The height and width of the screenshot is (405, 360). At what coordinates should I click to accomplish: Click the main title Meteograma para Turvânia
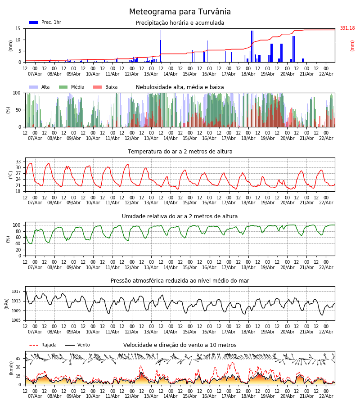click(180, 12)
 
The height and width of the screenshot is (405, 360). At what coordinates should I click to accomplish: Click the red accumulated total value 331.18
click(347, 28)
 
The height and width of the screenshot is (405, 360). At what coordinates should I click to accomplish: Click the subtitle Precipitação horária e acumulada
click(180, 23)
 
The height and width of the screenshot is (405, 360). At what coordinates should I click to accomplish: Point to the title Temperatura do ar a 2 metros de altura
click(180, 152)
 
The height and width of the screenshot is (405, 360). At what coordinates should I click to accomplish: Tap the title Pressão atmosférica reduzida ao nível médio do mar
click(180, 281)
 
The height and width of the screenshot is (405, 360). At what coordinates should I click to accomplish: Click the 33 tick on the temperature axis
click(18, 162)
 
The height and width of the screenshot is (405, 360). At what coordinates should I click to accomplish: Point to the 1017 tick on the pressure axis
click(17, 291)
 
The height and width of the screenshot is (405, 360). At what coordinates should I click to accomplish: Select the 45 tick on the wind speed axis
click(18, 359)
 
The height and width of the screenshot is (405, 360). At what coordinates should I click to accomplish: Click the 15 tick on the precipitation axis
click(18, 28)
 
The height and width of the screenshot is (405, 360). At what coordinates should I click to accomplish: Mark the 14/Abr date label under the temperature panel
click(171, 203)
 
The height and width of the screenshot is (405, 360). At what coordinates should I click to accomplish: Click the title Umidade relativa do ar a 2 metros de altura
click(180, 216)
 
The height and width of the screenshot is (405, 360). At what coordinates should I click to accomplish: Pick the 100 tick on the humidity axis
click(17, 225)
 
